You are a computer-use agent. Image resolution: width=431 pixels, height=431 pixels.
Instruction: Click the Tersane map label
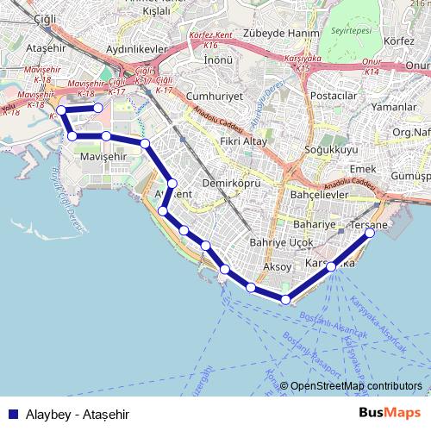tap(372, 225)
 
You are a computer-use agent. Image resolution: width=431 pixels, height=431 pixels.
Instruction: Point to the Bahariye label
tap(313, 224)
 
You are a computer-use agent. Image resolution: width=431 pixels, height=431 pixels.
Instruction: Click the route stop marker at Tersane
tap(370, 234)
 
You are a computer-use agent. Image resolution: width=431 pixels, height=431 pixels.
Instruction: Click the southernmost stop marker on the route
tap(286, 300)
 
